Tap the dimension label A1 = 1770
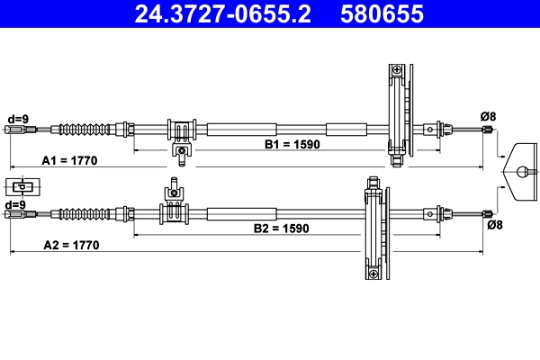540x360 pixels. pyautogui.click(x=69, y=160)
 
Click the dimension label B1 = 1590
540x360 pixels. pyautogui.click(x=292, y=144)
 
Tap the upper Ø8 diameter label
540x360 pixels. pyautogui.click(x=488, y=116)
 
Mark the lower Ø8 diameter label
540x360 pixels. pyautogui.click(x=494, y=226)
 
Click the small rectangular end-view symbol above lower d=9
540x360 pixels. pyautogui.click(x=21, y=187)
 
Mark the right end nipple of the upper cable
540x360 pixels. pyautogui.click(x=488, y=130)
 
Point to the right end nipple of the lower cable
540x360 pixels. pyautogui.click(x=488, y=214)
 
